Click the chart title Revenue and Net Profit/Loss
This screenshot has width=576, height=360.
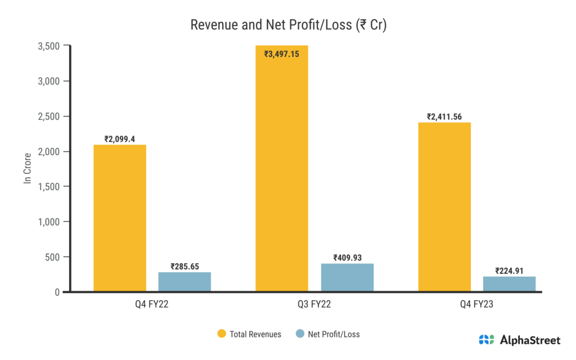287,25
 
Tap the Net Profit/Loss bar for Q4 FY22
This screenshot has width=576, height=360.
184,282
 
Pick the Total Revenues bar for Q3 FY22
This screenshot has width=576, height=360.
282,169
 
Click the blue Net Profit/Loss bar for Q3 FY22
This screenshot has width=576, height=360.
347,277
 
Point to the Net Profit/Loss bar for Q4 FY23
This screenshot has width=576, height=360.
509,284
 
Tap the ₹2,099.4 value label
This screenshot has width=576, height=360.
120,139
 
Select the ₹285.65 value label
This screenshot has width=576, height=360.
184,266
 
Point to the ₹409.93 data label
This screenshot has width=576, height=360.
347,258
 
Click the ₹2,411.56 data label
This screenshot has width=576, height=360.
444,116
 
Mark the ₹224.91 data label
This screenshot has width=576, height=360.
509,271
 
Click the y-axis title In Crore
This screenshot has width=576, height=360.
26,169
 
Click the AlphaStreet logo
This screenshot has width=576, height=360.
519,339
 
